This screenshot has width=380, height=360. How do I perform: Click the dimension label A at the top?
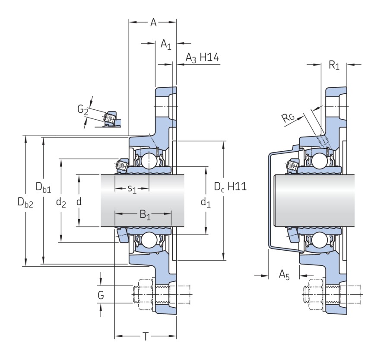[x=153, y=22]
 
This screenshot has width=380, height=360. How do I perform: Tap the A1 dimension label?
[x=166, y=45]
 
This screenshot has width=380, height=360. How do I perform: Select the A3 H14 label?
[x=202, y=58]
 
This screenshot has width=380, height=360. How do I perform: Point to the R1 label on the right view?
[x=334, y=65]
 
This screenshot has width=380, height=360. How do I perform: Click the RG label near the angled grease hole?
[x=288, y=118]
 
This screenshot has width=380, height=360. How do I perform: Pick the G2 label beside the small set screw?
[x=82, y=109]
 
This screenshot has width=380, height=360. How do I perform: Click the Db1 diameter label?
[x=43, y=187]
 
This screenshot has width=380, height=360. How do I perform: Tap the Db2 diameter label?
[x=25, y=202]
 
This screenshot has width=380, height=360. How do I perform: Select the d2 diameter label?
[x=61, y=202]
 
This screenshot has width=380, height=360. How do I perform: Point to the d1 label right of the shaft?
[x=206, y=202]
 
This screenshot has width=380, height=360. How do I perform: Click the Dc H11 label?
[x=230, y=187]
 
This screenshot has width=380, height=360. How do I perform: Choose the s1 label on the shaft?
[x=132, y=188]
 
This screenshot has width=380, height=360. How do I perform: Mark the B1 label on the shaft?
[x=145, y=215]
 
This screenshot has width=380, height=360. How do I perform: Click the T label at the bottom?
[x=146, y=337]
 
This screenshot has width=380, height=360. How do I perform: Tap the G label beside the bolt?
[x=101, y=295]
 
